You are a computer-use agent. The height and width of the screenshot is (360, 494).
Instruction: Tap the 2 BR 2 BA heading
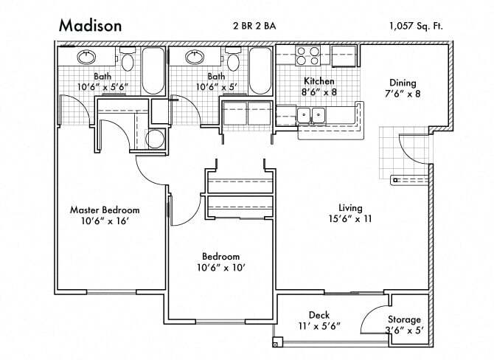click(254, 26)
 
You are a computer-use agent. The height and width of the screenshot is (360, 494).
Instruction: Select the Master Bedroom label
click(105, 210)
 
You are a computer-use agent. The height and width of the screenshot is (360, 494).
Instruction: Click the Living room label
click(349, 207)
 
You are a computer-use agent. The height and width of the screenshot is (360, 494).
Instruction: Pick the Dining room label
click(403, 83)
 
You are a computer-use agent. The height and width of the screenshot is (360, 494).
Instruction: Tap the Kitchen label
click(319, 81)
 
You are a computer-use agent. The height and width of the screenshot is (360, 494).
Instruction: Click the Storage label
click(403, 319)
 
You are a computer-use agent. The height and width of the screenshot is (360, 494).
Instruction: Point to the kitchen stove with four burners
click(307, 56)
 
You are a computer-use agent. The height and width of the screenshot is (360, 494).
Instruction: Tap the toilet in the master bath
click(128, 61)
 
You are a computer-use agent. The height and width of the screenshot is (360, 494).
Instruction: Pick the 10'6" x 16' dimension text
click(105, 221)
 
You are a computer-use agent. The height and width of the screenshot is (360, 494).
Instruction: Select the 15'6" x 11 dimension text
click(349, 218)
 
